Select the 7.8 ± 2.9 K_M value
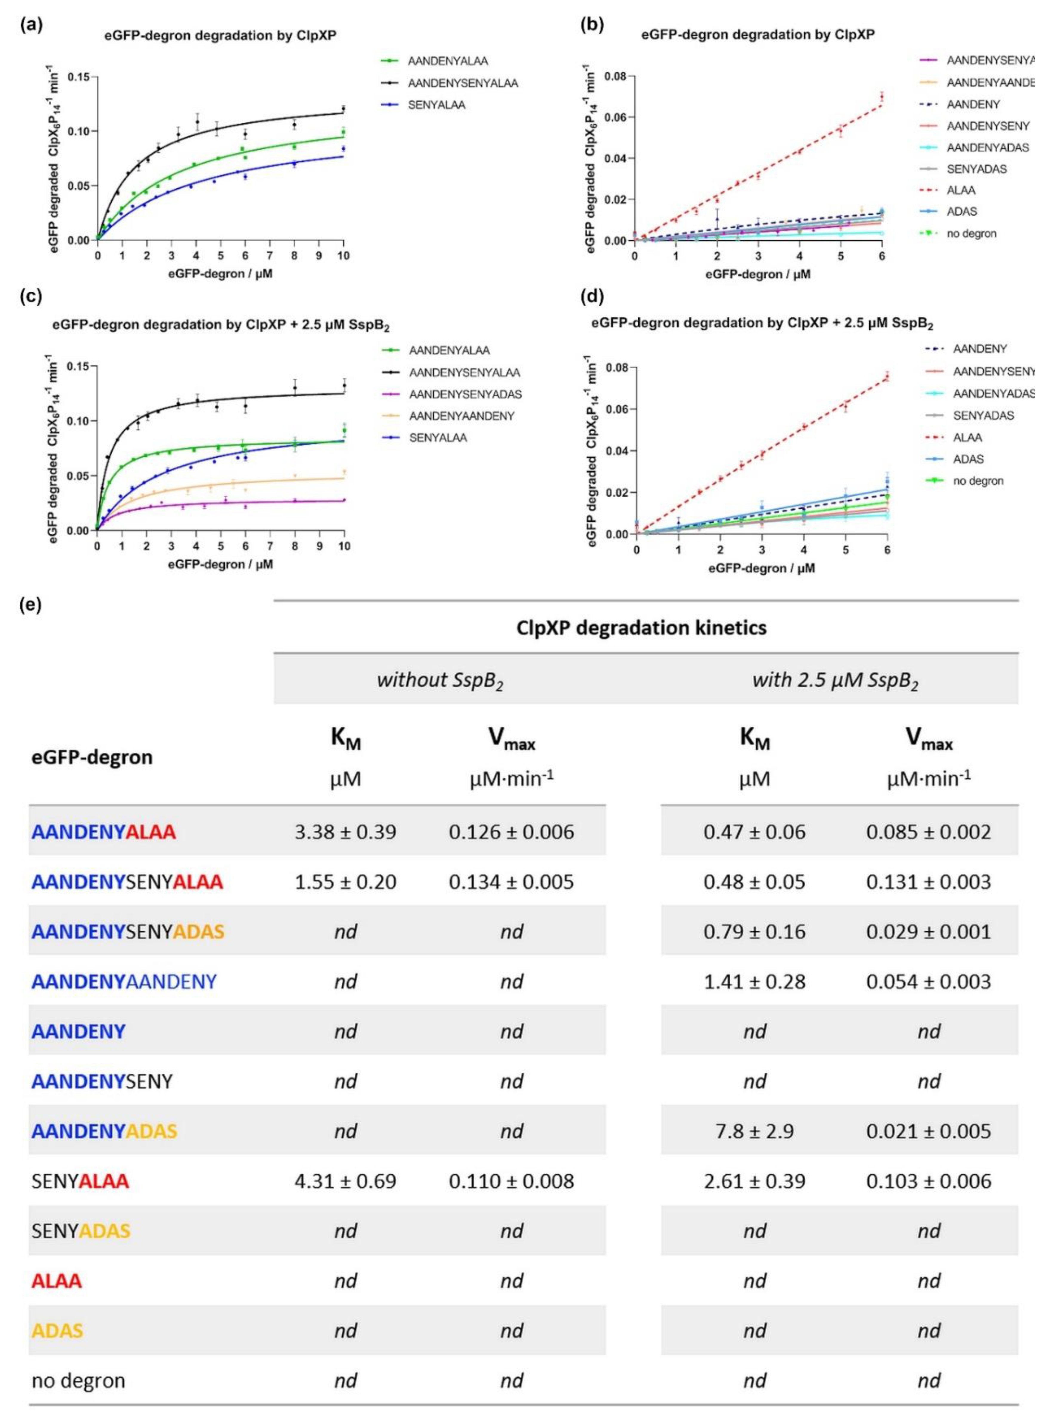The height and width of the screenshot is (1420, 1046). pyautogui.click(x=754, y=1131)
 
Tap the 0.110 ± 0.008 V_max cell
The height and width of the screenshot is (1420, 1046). pyautogui.click(x=511, y=1181)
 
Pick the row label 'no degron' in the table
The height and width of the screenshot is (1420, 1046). pyautogui.click(x=78, y=1381)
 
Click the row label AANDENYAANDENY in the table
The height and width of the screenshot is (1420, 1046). pyautogui.click(x=124, y=982)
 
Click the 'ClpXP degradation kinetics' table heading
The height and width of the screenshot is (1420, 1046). pyautogui.click(x=641, y=628)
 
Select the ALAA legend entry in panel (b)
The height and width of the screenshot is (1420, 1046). pyautogui.click(x=961, y=190)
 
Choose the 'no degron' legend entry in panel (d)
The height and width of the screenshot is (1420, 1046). pyautogui.click(x=978, y=481)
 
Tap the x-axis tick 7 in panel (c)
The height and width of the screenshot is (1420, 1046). pyautogui.click(x=270, y=545)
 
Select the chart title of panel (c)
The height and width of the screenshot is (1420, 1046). pyautogui.click(x=221, y=326)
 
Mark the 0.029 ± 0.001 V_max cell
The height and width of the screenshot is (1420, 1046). pyautogui.click(x=928, y=932)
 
